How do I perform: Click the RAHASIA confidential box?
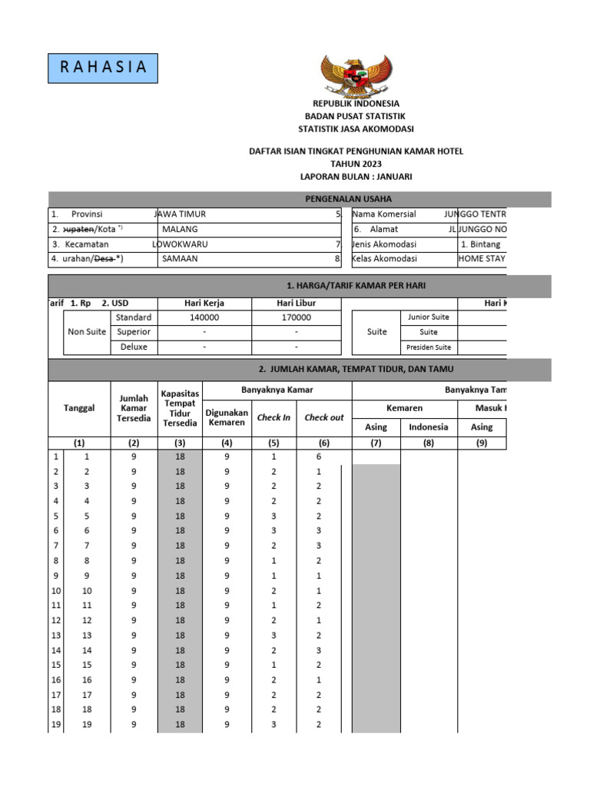[x=102, y=68]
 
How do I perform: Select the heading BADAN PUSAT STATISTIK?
[x=356, y=116]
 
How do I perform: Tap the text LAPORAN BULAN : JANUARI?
[x=356, y=177]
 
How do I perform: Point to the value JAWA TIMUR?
[x=181, y=214]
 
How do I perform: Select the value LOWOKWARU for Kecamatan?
[x=181, y=244]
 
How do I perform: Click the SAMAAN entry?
[x=180, y=259]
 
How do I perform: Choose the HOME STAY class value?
[x=482, y=259]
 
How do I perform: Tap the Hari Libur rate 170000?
[x=296, y=317]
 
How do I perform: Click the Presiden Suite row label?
[x=429, y=347]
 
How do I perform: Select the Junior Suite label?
[x=429, y=317]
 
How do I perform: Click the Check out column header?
[x=324, y=417]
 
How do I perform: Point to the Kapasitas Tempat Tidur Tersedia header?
[x=180, y=408]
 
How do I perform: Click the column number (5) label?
[x=273, y=443]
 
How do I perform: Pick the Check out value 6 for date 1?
[x=319, y=457]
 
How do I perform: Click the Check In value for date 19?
[x=273, y=725]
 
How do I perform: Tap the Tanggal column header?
[x=79, y=408]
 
